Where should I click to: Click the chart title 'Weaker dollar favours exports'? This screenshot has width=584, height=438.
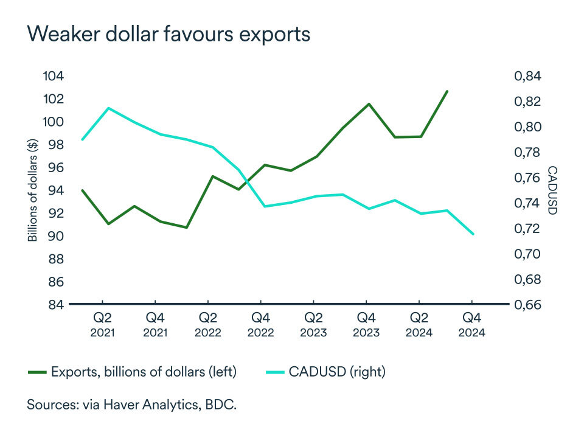point(169,34)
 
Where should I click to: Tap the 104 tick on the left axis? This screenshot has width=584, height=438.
point(53,76)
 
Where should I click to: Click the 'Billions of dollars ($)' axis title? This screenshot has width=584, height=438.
point(33,190)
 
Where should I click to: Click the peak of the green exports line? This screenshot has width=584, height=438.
point(447,91)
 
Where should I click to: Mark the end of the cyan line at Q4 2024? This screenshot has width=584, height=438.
point(473,234)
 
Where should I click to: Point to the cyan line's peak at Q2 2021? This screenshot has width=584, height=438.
point(108,108)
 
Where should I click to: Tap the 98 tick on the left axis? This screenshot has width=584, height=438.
point(53,145)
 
